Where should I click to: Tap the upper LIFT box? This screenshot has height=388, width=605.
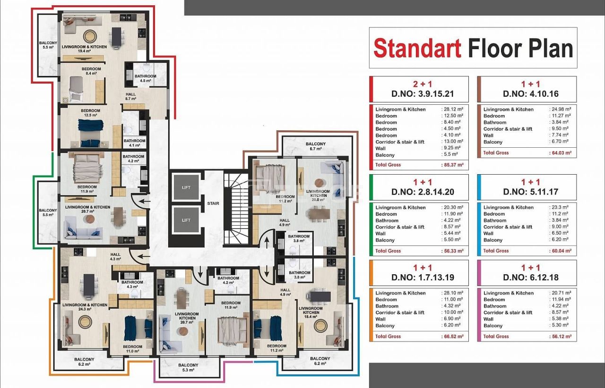(x=186, y=187)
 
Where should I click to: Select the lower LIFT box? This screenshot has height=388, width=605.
(x=186, y=220)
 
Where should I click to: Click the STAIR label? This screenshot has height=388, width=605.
(x=213, y=204)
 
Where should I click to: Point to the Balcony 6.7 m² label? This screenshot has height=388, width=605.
(x=316, y=146)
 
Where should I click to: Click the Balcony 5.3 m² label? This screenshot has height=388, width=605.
(x=188, y=368)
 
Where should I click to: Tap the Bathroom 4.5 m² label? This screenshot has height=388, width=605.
(x=145, y=78)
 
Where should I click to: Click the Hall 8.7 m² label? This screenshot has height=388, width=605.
(x=131, y=96)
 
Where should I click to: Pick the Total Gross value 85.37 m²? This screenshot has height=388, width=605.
(x=452, y=165)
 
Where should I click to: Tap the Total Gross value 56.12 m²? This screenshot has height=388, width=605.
(x=560, y=337)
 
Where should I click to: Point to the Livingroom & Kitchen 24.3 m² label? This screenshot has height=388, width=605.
(x=85, y=307)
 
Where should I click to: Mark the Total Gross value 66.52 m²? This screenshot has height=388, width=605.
(x=452, y=337)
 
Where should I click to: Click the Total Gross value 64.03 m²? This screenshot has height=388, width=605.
(x=560, y=153)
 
